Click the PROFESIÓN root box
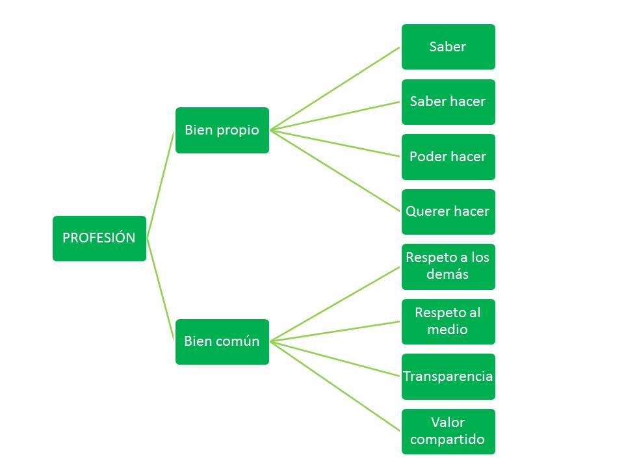click(99, 238)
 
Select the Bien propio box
click(222, 130)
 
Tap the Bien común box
click(222, 341)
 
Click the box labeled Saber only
click(448, 47)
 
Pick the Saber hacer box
click(448, 102)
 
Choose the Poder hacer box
click(448, 157)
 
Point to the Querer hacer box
click(448, 212)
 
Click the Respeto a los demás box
click(448, 266)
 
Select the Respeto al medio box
click(448, 321)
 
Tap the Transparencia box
click(448, 376)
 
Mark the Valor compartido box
click(448, 431)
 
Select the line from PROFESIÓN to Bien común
click(161, 290)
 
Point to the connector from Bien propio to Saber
click(335, 88)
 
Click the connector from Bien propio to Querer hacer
click(335, 171)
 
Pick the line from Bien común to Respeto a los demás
click(335, 304)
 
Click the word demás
click(448, 274)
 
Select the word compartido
click(448, 439)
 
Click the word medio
click(448, 330)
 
